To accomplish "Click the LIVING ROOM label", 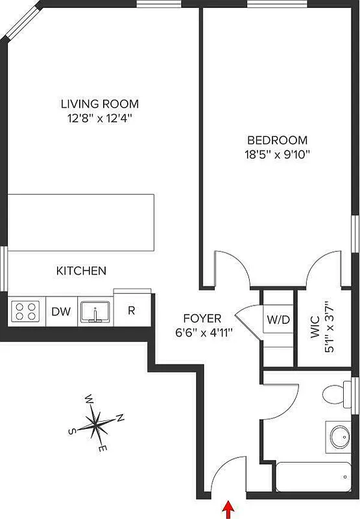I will (x=100, y=104).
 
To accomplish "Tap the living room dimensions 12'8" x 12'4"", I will (x=100, y=118).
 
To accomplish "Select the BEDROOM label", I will (x=277, y=140).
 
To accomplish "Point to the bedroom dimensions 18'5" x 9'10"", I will (x=277, y=154).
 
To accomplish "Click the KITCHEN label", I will (x=81, y=271).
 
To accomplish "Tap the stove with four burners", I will (x=26, y=311).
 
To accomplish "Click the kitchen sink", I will (x=95, y=311).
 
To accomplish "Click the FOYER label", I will (x=202, y=319).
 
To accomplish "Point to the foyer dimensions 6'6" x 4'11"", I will (x=202, y=332).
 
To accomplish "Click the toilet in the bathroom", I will (x=338, y=393).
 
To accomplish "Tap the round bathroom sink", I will (x=338, y=437).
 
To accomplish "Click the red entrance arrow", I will (x=228, y=509).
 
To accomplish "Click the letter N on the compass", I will (x=121, y=418).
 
